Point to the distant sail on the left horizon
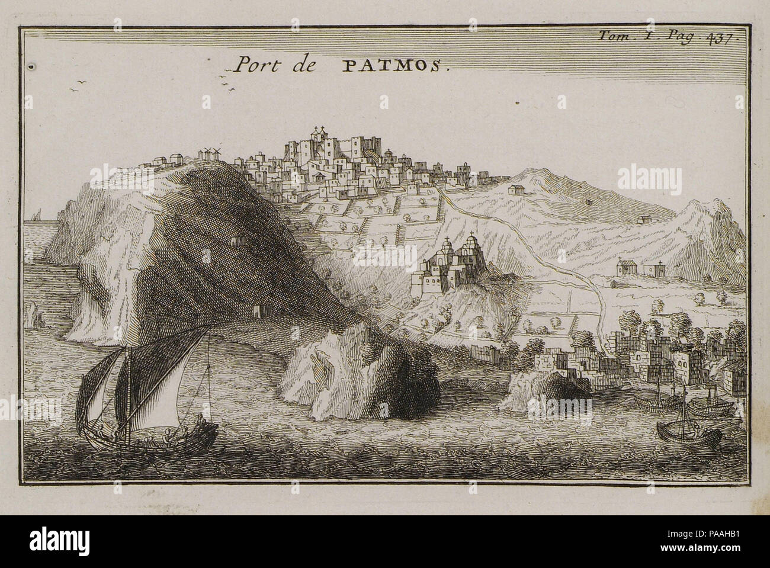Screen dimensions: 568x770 pos(37,216)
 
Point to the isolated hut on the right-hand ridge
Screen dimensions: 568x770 pos(514,190)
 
